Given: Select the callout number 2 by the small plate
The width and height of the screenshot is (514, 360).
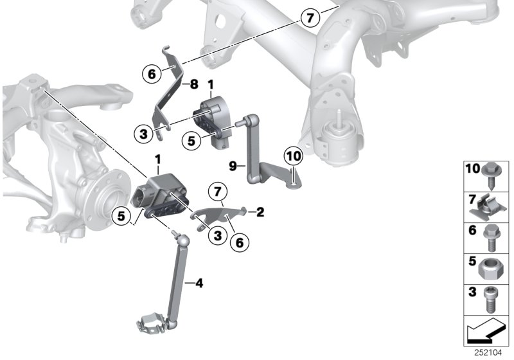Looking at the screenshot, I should click(x=260, y=211).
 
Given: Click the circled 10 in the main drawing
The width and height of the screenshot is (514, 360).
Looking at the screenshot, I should click(x=293, y=156).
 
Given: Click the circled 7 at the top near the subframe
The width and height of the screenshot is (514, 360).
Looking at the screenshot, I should click(x=310, y=18).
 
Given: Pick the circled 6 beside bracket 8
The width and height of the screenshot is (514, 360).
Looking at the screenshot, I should click(x=152, y=75).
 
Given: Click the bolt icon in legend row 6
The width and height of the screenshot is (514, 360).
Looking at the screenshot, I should click(x=491, y=236).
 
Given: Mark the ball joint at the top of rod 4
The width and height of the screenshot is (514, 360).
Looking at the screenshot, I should click(x=183, y=240).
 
